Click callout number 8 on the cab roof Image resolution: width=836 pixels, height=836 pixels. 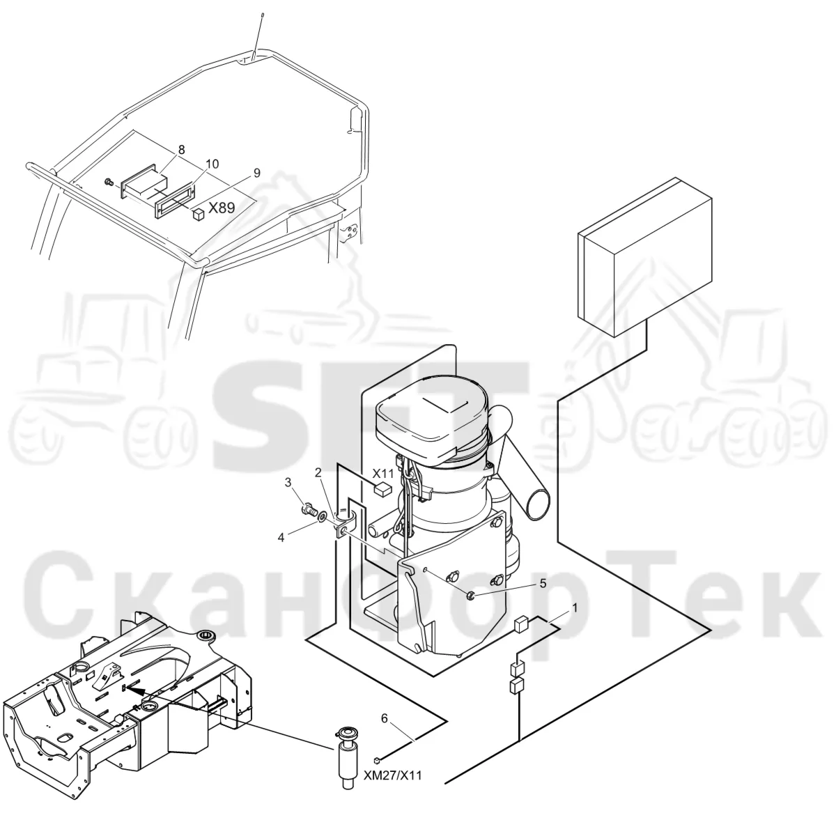(181, 150)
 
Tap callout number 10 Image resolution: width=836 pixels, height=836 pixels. (212, 164)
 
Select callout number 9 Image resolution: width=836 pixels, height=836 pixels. (257, 173)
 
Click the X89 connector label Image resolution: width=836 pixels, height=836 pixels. (222, 208)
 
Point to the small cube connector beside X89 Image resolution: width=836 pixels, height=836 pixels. (199, 214)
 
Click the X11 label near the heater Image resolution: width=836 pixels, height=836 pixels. (383, 473)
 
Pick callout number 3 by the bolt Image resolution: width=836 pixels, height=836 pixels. (288, 482)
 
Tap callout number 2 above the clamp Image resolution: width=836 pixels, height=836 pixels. (318, 472)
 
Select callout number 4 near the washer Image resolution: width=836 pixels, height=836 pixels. (281, 538)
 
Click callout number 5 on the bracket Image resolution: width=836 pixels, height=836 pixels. (543, 584)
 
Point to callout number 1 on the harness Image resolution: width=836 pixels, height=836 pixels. (575, 608)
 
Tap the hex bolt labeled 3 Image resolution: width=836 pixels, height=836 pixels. (308, 509)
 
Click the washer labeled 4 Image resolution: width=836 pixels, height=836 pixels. (323, 517)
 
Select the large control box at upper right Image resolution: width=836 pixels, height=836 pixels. (645, 257)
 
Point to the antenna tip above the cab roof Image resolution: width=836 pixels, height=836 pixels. (262, 15)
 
